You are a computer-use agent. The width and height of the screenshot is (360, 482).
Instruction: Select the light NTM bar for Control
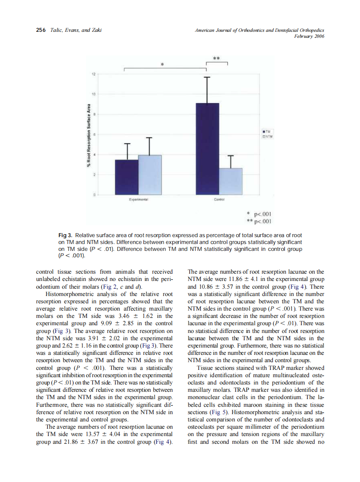click(231, 181)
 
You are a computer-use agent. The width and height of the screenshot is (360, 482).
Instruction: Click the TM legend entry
click(267, 131)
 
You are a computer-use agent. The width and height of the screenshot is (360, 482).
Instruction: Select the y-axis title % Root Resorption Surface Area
click(88, 135)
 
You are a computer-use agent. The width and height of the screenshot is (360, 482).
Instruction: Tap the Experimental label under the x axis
click(138, 200)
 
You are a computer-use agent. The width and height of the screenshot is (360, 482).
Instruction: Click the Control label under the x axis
click(219, 200)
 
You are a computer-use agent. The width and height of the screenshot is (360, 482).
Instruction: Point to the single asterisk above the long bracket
click(162, 64)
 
